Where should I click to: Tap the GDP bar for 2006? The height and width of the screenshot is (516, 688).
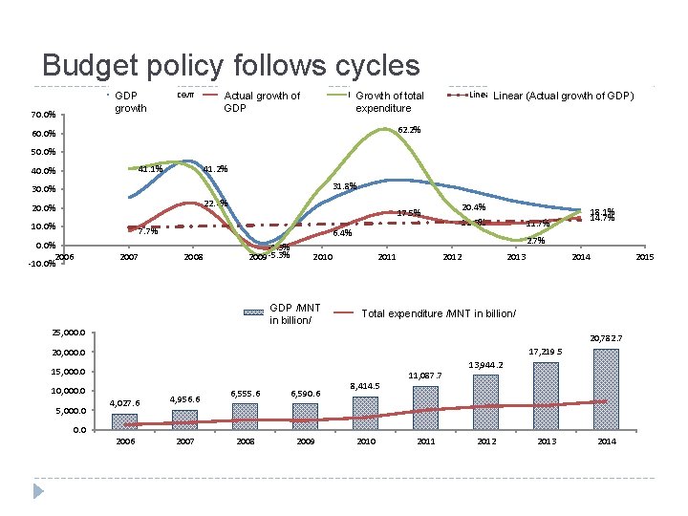[x=124, y=421]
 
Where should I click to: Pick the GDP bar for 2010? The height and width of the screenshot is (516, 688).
[x=365, y=413]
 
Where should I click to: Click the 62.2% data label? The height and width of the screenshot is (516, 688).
[x=409, y=130]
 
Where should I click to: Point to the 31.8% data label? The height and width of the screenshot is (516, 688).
[x=344, y=186]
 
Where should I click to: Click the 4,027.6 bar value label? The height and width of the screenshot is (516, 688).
[x=125, y=403]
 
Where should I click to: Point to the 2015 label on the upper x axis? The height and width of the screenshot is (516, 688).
[x=645, y=257]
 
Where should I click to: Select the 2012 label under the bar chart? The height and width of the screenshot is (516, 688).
[x=486, y=442]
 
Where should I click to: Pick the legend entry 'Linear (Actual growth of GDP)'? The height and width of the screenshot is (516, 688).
[x=563, y=96]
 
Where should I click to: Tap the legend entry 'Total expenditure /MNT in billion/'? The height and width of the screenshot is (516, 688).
[x=439, y=313]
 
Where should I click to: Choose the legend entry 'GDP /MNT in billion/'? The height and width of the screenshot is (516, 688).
[x=295, y=313]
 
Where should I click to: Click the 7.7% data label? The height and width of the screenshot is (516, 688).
[x=147, y=231]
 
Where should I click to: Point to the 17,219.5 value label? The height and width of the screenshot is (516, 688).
[x=546, y=352]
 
